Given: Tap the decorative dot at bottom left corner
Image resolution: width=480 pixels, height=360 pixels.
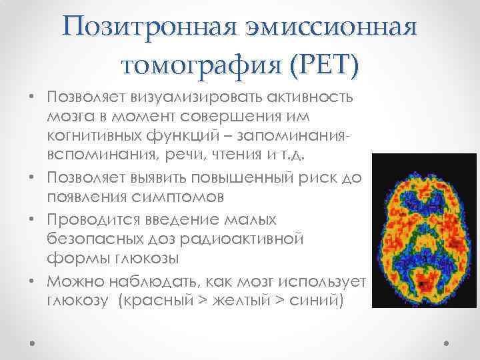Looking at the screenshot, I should [33, 342].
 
